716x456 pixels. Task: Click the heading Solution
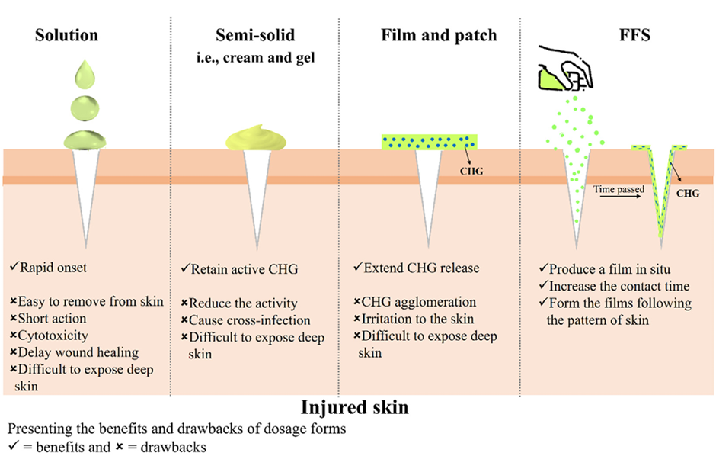pyautogui.click(x=66, y=36)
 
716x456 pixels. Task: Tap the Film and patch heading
pyautogui.click(x=439, y=36)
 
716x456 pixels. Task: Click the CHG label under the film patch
pyautogui.click(x=472, y=172)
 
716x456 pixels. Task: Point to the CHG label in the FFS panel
pyautogui.click(x=688, y=194)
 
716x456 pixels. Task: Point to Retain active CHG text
pyautogui.click(x=241, y=268)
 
